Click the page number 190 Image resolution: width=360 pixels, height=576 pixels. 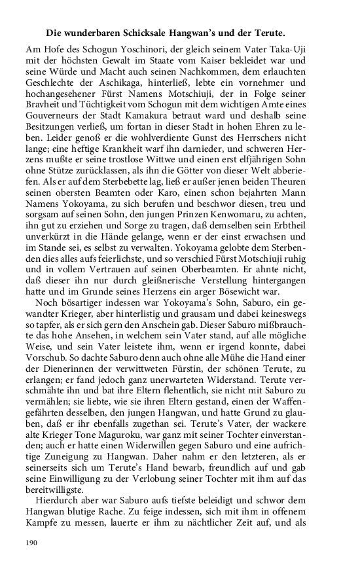[x=33, y=543]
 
